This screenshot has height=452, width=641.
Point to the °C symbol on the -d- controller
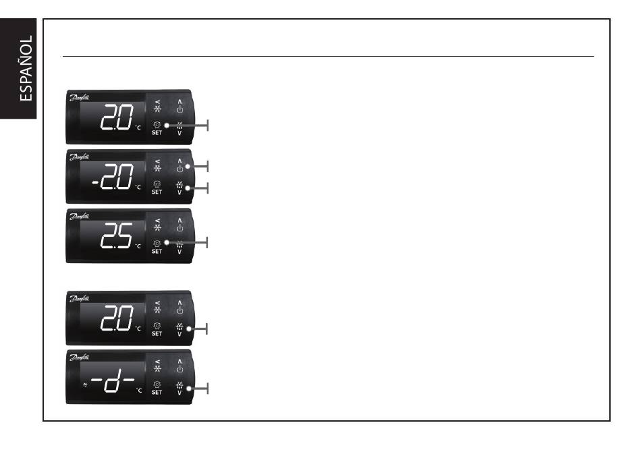140,390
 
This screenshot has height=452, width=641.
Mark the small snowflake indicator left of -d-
85,385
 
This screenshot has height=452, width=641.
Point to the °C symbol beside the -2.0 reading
140,188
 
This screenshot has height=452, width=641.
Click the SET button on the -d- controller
157,387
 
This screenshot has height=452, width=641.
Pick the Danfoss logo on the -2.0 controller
80,157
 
